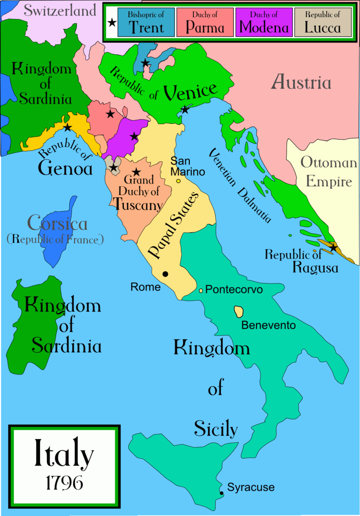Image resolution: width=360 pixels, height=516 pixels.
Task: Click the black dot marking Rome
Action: [x=166, y=274]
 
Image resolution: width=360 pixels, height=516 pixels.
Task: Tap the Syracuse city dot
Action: [x=221, y=493]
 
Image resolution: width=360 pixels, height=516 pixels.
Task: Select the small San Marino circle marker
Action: [x=178, y=181]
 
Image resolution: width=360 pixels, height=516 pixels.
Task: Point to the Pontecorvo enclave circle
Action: [x=201, y=290]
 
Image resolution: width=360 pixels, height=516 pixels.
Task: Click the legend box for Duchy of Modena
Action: [x=263, y=22]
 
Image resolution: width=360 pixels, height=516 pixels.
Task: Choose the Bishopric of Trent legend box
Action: [x=146, y=22]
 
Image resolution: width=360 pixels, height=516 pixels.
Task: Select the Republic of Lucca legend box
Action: [x=322, y=22]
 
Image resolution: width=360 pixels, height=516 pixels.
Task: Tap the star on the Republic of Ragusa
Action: [x=333, y=248]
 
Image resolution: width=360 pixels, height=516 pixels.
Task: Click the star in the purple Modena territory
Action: [x=134, y=136]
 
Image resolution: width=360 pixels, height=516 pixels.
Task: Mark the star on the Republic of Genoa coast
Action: [x=67, y=127]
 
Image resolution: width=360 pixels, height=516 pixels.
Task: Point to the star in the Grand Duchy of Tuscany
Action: [x=136, y=172]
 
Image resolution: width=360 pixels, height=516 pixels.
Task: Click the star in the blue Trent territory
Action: [x=145, y=63]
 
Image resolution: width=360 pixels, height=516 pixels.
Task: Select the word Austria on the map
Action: [x=302, y=83]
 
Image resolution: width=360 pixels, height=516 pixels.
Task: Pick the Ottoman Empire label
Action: [x=329, y=172]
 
